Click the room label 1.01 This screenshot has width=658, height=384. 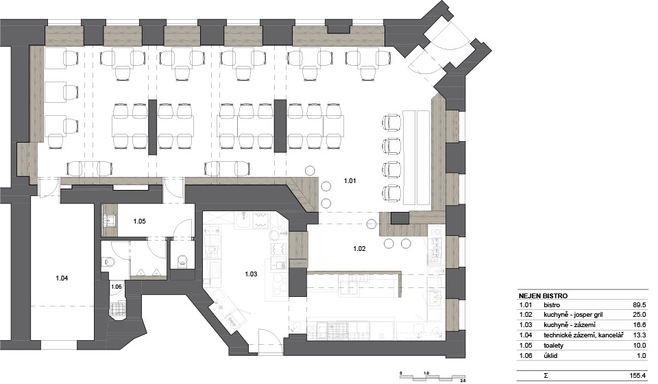click(350, 181)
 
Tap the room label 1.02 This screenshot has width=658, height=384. click(359, 248)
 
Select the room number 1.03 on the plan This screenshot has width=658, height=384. click(251, 274)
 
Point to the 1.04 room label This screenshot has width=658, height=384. click(62, 278)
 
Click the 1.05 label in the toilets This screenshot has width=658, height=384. click(139, 221)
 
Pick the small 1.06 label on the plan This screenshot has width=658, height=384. click(117, 287)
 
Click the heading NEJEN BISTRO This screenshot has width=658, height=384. click(543, 296)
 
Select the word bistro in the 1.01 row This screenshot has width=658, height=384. click(551, 305)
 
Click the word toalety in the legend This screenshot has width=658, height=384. click(554, 346)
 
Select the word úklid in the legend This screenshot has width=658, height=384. click(550, 355)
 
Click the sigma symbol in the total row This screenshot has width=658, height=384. click(546, 376)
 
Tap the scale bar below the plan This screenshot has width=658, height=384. click(432, 376)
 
